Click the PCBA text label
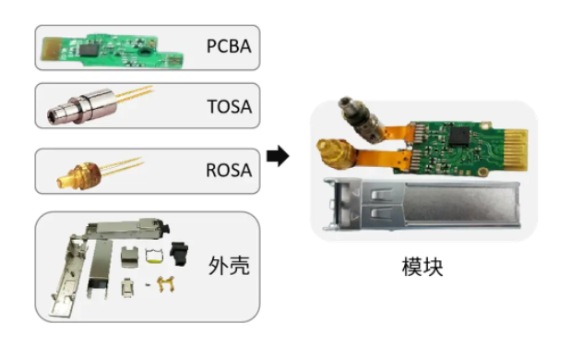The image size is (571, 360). [229, 46]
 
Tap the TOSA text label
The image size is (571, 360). [230, 107]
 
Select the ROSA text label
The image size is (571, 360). [229, 170]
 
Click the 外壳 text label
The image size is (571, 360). [229, 265]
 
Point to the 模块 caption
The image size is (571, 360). [422, 267]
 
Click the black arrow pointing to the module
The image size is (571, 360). [278, 156]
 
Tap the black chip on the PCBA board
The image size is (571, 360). [89, 50]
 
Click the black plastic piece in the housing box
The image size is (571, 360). [179, 253]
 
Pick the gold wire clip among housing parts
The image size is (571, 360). [166, 284]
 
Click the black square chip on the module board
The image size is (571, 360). [460, 137]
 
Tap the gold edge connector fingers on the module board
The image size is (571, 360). [516, 150]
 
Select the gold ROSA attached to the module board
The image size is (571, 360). [336, 155]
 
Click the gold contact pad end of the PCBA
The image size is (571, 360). [50, 48]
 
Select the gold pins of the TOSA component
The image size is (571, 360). [135, 92]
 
